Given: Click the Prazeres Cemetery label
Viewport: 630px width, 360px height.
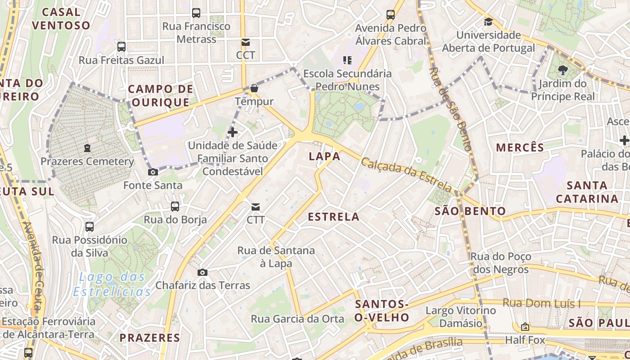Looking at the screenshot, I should click(87, 162).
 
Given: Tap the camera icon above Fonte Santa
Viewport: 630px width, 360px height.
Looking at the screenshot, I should click(153, 172).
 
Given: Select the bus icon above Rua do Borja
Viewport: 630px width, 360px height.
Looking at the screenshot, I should click(175, 207).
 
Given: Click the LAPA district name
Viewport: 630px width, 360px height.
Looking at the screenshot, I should click(324, 156).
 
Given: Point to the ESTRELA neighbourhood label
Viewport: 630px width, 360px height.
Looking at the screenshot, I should click(333, 217).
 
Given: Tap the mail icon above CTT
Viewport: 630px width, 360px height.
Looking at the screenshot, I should click(255, 207).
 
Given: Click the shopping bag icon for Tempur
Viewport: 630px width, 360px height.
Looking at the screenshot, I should click(254, 88).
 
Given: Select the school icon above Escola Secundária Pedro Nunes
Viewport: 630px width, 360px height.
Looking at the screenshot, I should click(347, 60).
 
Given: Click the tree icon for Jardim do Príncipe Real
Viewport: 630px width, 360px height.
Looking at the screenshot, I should click(562, 70).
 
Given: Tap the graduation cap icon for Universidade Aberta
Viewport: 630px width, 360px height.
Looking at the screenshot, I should click(488, 22).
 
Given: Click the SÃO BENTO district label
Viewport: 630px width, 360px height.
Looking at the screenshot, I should click(470, 211).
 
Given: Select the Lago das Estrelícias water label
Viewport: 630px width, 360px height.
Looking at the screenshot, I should click(112, 284).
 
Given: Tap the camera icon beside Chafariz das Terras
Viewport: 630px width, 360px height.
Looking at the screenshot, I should click(202, 272).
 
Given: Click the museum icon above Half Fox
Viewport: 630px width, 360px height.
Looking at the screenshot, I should click(525, 327).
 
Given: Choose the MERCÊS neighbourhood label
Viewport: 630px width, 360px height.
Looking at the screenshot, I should click(520, 147).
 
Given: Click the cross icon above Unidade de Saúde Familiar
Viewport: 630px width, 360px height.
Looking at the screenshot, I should click(233, 132).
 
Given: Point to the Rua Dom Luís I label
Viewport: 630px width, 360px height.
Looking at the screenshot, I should click(541, 303).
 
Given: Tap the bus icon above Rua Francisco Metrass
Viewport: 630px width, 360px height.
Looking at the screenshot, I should click(196, 13).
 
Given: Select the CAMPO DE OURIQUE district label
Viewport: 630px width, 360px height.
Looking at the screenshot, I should click(161, 95).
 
